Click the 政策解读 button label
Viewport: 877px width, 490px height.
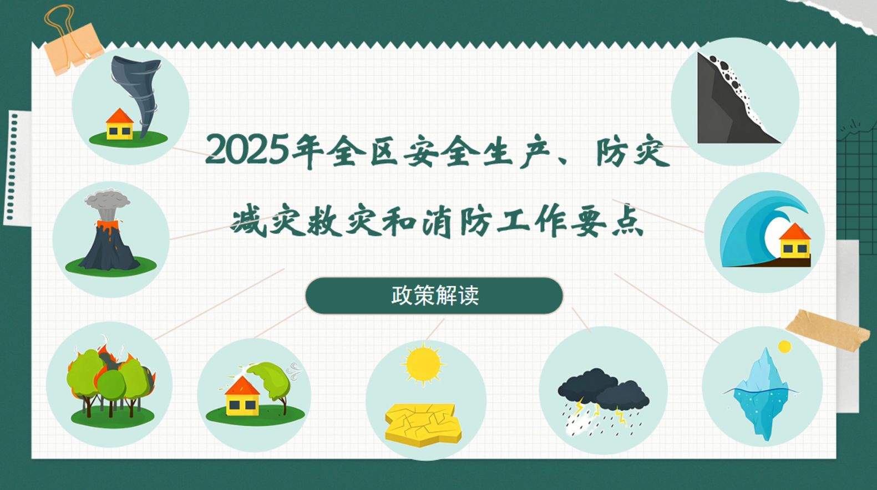pos(434,295)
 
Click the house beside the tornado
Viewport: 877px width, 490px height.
pos(120,124)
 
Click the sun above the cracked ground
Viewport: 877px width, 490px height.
pos(423,364)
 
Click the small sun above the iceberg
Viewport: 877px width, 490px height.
pos(784,347)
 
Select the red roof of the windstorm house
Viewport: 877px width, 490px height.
pos(242,386)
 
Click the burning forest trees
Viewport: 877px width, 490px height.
pos(111,381)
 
